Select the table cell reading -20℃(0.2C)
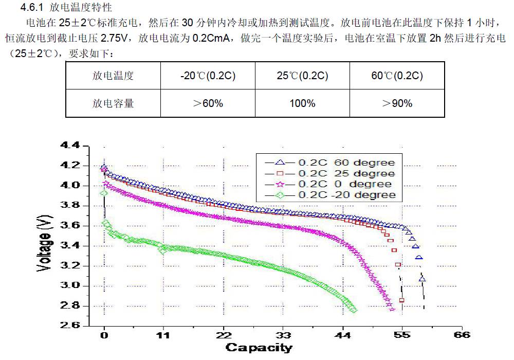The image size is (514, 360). [208, 76]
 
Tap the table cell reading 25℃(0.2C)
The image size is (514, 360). [302, 76]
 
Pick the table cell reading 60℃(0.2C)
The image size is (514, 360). [397, 76]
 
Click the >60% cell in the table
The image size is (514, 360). [208, 103]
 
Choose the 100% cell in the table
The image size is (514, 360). [302, 103]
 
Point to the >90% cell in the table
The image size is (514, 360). [397, 103]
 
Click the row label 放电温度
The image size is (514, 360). [113, 76]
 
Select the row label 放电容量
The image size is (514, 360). [113, 103]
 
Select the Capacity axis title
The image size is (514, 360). [259, 348]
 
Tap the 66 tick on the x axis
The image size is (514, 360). [462, 335]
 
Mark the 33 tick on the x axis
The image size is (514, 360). [283, 335]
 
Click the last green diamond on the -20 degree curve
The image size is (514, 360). [353, 310]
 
